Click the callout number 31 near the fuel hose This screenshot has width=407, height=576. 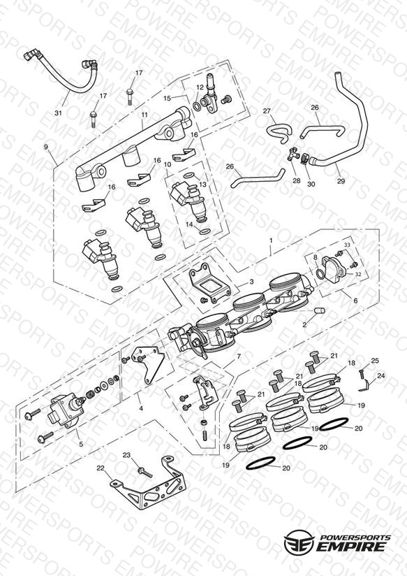59,113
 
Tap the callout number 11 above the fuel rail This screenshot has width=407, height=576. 145,115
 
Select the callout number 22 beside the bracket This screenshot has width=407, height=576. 101,468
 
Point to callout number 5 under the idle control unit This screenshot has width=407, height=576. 81,444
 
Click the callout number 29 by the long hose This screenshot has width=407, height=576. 341,181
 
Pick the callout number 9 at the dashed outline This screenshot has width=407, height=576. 46,147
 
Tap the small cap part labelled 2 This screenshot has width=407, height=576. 320,311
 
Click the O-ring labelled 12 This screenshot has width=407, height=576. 197,106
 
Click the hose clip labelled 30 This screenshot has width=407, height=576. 304,159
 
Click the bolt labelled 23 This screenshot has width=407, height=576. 145,473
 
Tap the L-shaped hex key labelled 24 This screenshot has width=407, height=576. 364,387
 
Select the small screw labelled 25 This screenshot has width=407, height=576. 361,373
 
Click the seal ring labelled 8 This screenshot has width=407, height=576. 319,274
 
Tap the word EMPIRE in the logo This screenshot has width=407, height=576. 351,546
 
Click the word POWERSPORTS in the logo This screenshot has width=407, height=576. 355,537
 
